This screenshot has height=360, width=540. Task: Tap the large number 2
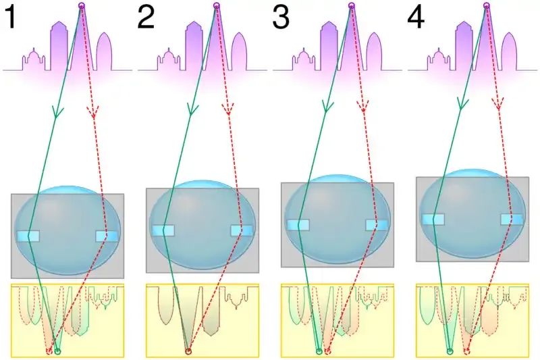(x=146, y=18)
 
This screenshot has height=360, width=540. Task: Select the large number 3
(x=281, y=18)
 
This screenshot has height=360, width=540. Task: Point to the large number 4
(x=416, y=18)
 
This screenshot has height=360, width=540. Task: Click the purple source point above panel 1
(x=81, y=6)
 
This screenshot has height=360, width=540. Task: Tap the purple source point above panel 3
(x=351, y=6)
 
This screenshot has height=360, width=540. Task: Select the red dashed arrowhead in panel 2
(x=228, y=109)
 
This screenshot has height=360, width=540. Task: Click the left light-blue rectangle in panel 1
(x=28, y=236)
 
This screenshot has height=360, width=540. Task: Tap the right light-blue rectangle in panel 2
(x=242, y=230)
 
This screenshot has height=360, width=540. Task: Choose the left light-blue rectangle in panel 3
(x=298, y=225)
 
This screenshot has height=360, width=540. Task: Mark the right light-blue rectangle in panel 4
(x=511, y=219)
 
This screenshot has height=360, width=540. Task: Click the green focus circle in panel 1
(x=57, y=351)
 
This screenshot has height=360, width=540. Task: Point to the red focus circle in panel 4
(x=466, y=351)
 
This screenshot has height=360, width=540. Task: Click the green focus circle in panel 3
(x=319, y=351)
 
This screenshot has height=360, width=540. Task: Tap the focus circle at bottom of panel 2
(x=188, y=351)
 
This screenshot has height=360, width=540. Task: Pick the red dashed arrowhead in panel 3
(x=363, y=107)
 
